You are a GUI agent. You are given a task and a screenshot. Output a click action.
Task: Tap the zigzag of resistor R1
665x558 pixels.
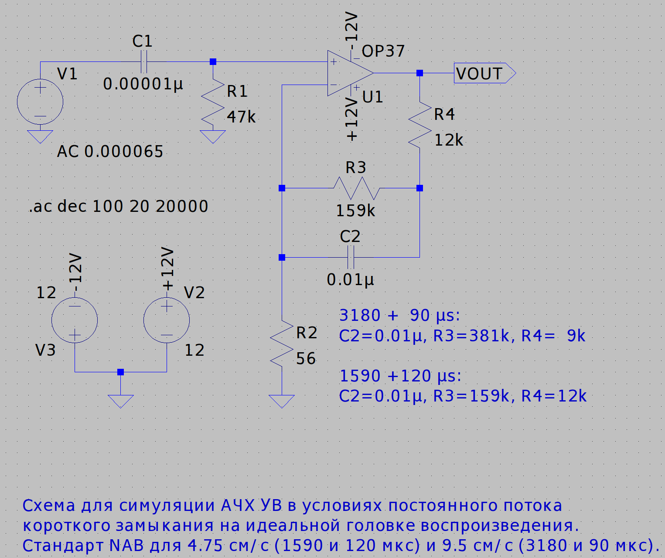[213, 104]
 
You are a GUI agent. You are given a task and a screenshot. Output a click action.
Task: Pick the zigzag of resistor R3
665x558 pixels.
[356, 188]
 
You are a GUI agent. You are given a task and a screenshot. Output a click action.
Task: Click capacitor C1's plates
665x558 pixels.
[144, 61]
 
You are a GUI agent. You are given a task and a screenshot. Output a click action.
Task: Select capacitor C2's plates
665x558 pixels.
[351, 257]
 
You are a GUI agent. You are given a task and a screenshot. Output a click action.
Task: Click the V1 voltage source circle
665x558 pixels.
[40, 102]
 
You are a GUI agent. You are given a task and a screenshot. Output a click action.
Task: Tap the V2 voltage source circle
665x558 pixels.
[167, 320]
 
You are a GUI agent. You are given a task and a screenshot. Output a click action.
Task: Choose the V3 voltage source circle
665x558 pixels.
[75, 320]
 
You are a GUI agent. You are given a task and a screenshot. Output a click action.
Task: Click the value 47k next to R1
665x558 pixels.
[241, 117]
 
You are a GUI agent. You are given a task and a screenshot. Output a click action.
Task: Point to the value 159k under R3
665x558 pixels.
[355, 211]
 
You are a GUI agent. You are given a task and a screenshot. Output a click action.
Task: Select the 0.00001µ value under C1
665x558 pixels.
[143, 84]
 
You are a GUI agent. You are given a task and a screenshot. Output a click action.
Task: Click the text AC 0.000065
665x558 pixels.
[110, 151]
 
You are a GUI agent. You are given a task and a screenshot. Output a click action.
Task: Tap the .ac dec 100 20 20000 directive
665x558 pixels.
[119, 206]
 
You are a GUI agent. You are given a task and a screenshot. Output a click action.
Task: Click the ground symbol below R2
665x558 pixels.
[282, 401]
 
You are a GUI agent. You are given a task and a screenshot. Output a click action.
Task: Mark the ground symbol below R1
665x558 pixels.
[213, 136]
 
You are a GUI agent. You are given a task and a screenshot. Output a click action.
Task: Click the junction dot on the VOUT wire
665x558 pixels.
[419, 73]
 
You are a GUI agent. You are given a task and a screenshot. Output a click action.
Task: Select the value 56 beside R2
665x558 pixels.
[306, 358]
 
